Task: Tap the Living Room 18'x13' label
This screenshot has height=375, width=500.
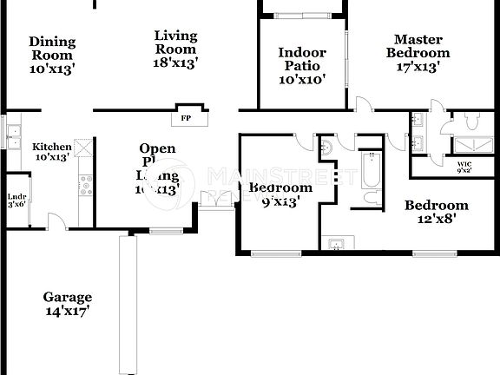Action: pos(175,49)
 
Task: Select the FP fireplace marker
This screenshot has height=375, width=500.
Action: pos(185,117)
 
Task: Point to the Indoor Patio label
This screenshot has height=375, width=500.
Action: pos(301,66)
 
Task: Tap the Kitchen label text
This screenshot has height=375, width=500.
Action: pos(51,152)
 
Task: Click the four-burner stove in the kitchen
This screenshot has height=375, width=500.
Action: pos(86,185)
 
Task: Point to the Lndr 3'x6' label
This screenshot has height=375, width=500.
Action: pos(16,201)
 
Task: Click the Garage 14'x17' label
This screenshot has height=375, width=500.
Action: pos(68,303)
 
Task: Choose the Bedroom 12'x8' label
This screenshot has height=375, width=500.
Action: pos(437,212)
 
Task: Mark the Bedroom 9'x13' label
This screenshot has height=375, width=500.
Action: pos(280,194)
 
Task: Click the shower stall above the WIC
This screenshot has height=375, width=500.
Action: pos(474,145)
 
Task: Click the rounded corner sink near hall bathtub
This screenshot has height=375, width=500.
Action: pos(326,148)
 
